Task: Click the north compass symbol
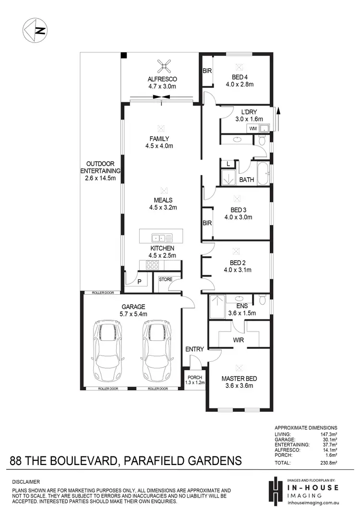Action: coord(35,30)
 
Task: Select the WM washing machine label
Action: coord(252,129)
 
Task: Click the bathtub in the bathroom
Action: coord(264,174)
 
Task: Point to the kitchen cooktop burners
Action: coord(152,265)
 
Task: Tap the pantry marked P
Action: coord(139,282)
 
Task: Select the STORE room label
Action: coord(166,279)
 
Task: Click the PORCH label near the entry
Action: coord(195,377)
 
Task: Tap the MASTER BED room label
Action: coord(237,378)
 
